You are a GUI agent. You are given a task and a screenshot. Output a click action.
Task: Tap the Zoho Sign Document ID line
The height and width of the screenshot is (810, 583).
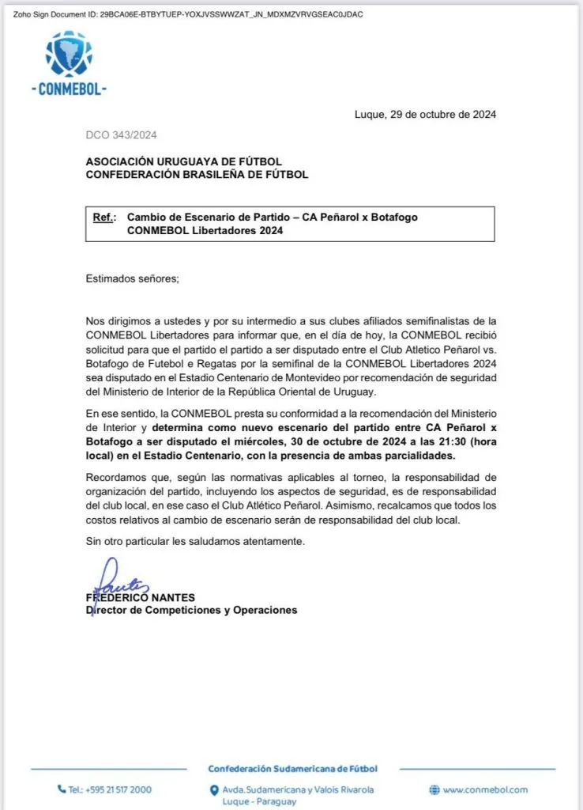(x=187, y=15)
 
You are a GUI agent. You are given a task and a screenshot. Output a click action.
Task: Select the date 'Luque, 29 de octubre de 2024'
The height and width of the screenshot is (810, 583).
(x=425, y=115)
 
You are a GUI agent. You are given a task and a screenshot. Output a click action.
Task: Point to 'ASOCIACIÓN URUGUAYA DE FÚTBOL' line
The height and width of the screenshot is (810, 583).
(x=183, y=161)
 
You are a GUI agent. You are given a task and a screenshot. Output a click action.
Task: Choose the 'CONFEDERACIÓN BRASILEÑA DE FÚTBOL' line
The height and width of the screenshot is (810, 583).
(x=197, y=175)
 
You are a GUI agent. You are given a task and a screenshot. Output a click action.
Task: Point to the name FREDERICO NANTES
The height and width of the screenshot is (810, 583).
(x=140, y=597)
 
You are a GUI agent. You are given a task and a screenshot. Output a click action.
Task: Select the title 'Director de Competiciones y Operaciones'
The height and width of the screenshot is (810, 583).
(x=191, y=610)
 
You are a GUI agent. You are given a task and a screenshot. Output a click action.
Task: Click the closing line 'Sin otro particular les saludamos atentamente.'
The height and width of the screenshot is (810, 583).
(x=194, y=541)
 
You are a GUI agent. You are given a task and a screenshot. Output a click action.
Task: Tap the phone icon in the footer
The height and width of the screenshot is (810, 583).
(x=62, y=789)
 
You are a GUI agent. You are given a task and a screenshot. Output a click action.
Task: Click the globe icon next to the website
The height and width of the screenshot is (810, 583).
(x=434, y=789)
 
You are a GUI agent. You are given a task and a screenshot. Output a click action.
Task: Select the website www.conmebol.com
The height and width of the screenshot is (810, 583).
(x=485, y=789)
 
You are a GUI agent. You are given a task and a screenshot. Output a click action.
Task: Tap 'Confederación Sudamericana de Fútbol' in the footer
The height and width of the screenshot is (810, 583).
(x=292, y=769)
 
